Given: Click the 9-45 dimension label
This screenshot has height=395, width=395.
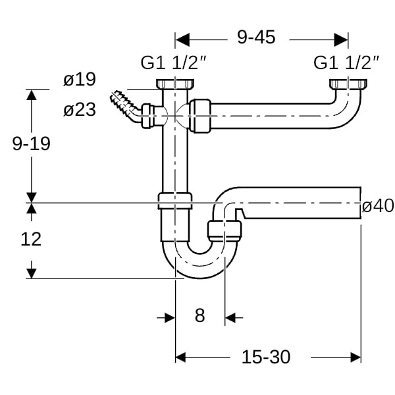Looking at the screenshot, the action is (256, 38).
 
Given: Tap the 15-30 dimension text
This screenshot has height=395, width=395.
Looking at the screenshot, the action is (266, 357).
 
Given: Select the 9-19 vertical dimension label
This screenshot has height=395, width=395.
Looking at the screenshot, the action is (32, 144).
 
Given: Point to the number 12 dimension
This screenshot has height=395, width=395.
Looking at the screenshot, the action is (31, 239).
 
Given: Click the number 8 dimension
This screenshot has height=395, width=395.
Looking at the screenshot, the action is (199, 315).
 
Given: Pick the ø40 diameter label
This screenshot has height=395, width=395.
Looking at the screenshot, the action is (378, 205).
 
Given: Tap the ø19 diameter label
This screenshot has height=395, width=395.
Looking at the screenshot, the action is (80, 80).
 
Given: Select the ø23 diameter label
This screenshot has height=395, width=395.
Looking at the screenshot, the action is (80, 109).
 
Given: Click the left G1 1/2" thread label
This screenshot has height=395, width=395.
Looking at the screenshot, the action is (174, 63).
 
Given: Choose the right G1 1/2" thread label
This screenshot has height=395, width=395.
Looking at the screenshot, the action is (346, 63).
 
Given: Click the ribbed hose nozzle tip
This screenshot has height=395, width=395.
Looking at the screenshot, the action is (115, 96).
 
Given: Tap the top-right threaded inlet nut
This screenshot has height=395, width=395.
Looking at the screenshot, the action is (348, 84).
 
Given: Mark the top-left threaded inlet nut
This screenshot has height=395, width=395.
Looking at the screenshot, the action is (175, 84).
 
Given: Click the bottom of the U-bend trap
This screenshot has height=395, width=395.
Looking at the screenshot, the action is (200, 276).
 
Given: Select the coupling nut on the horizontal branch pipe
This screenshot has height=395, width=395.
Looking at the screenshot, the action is (200, 116).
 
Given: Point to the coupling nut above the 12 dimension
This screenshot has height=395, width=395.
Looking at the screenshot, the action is (175, 201).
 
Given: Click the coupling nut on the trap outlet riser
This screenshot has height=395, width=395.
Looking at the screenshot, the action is (224, 230).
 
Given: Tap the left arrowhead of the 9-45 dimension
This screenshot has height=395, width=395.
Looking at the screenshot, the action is (182, 39).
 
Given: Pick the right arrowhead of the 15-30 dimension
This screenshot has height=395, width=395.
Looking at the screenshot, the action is (355, 357).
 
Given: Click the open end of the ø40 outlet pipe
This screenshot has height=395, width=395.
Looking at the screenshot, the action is (361, 203).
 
